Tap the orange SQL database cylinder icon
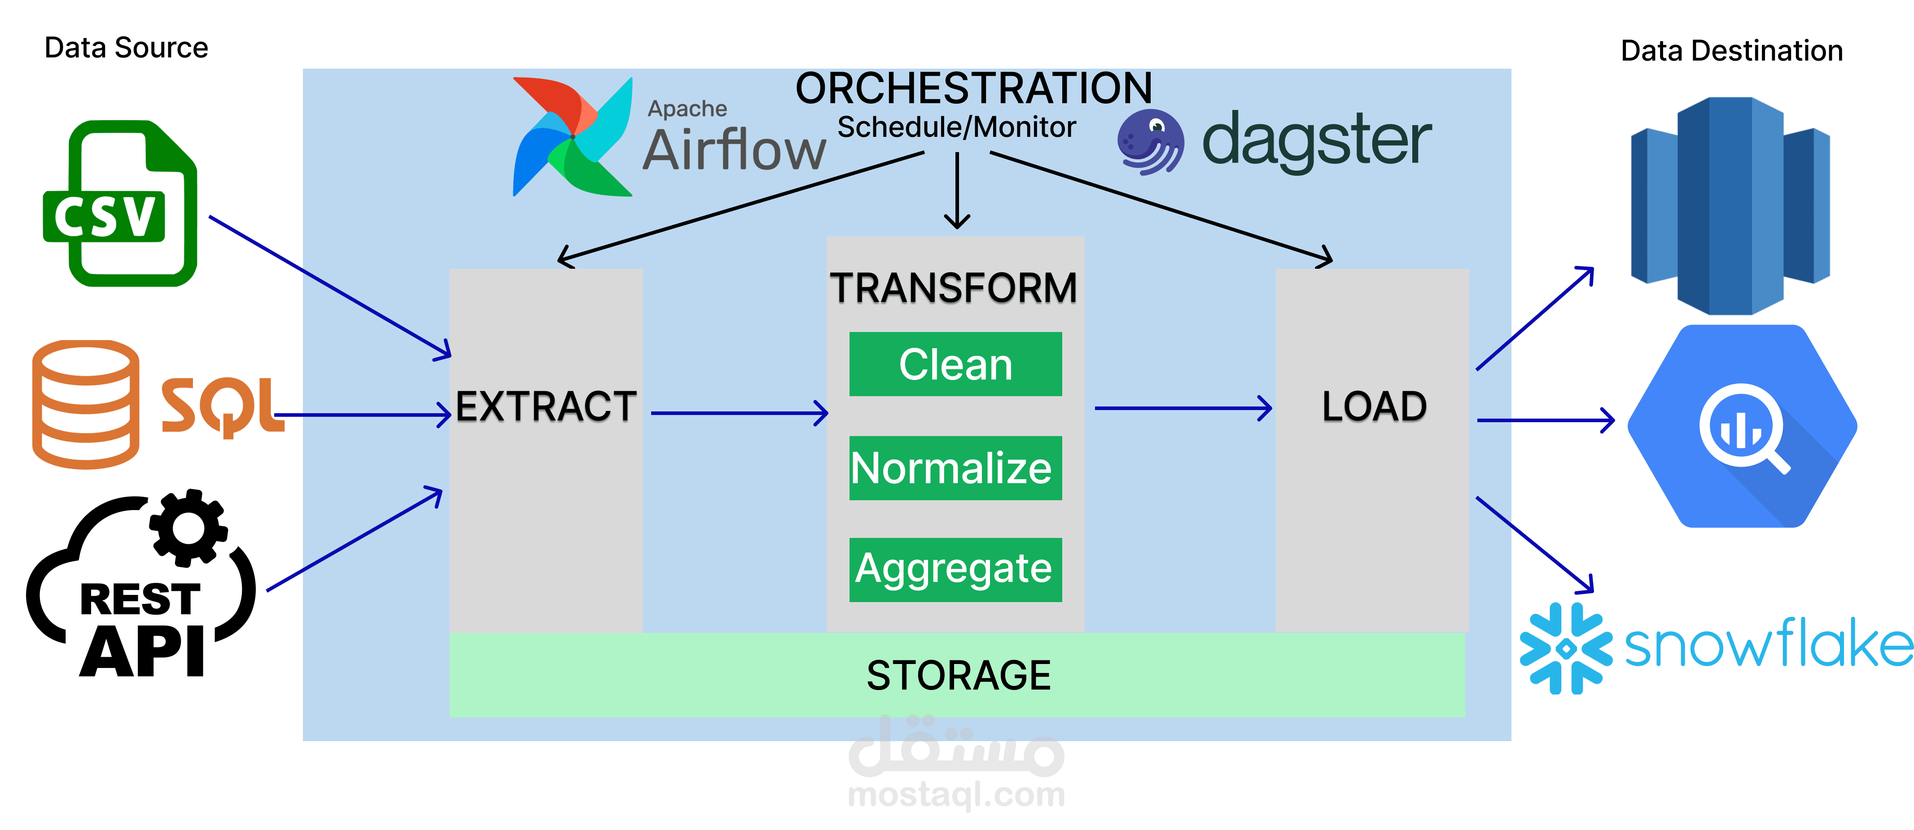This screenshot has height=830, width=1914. (85, 405)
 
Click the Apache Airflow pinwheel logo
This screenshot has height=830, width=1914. (572, 137)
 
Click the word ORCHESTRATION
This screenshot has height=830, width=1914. (973, 89)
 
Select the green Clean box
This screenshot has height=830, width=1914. (955, 364)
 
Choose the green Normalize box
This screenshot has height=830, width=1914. (955, 468)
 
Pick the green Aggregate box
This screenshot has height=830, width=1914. (955, 570)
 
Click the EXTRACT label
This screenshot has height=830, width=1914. (546, 406)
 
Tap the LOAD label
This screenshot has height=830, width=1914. (1374, 406)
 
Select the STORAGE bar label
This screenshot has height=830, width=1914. (959, 676)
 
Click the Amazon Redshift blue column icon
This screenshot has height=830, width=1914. (1730, 206)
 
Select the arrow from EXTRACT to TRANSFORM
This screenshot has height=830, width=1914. (739, 413)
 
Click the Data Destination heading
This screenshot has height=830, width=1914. (1731, 51)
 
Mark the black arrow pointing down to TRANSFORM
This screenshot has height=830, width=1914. (957, 191)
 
